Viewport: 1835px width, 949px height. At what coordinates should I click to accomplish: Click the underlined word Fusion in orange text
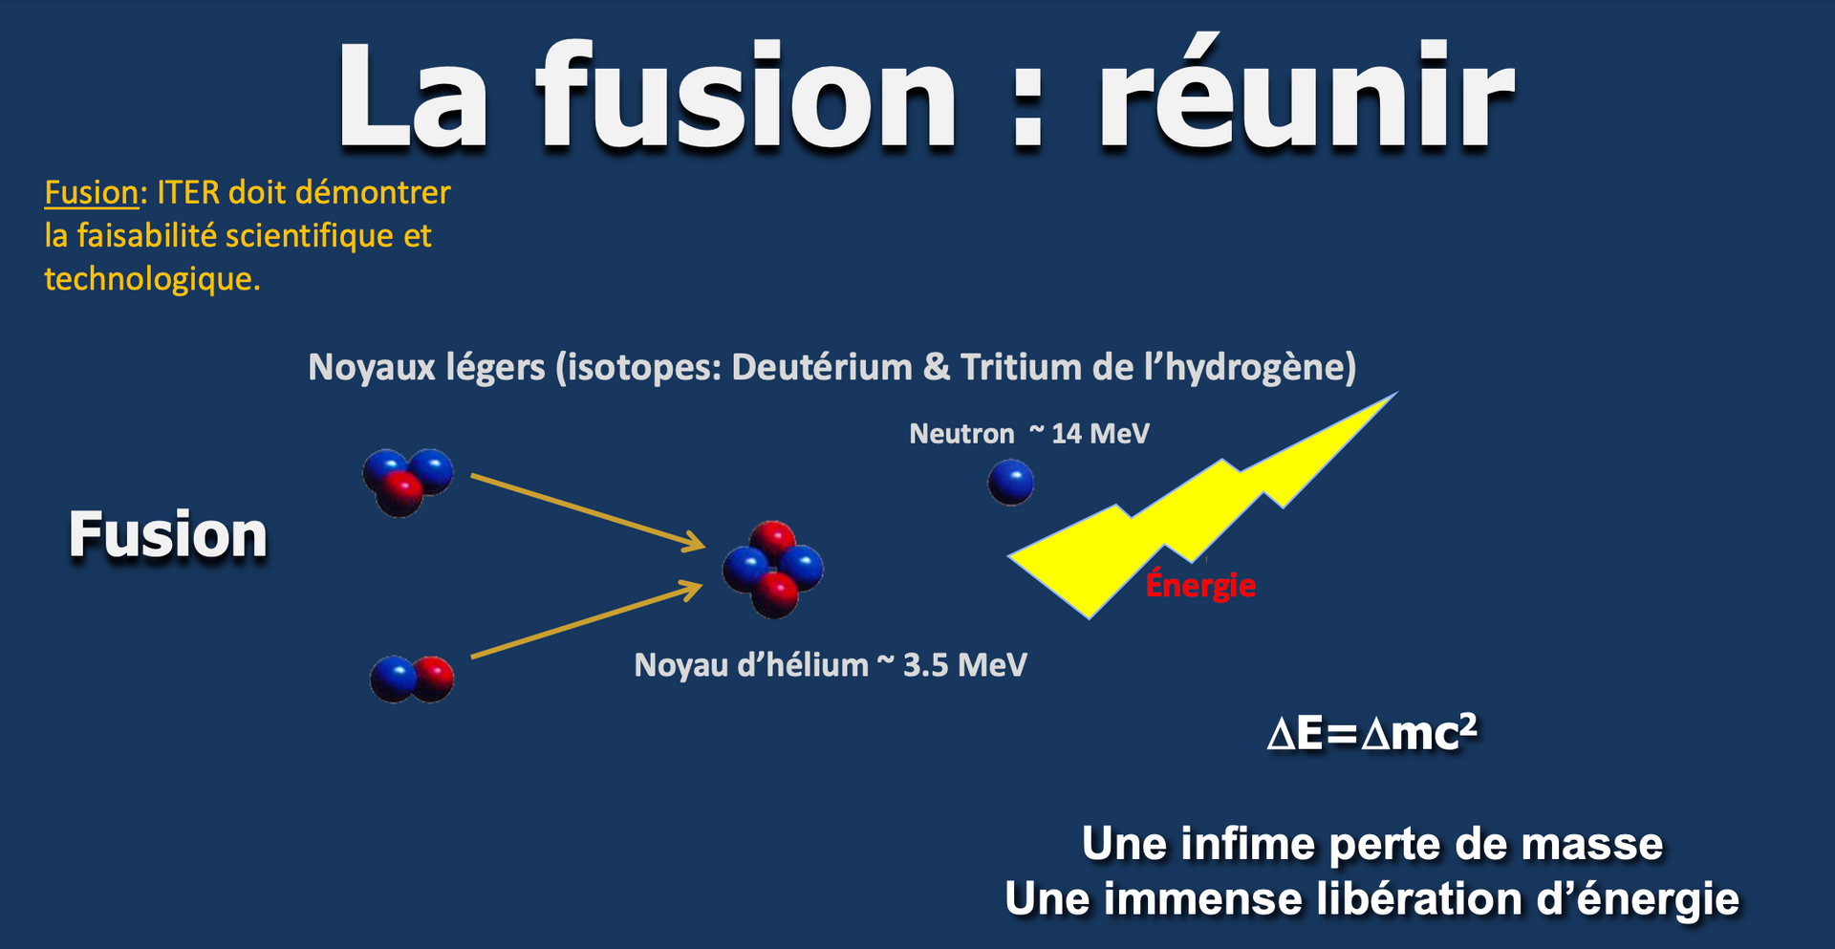[x=92, y=193]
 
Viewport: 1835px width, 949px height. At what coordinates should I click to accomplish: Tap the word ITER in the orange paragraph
[x=188, y=193]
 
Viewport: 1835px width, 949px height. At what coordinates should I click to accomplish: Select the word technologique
[x=152, y=279]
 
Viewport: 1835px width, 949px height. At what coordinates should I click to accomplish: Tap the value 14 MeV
[x=1100, y=434]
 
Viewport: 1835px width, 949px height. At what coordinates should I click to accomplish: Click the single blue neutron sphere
[x=1010, y=482]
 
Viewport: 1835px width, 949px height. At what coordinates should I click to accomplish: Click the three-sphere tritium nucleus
[x=407, y=482]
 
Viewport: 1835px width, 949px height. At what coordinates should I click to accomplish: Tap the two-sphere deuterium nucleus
[x=412, y=679]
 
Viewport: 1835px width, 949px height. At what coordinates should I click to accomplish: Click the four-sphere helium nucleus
[x=773, y=569]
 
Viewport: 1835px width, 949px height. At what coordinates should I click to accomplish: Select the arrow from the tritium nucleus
[x=589, y=512]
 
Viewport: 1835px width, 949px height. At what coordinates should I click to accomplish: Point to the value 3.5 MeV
[x=964, y=665]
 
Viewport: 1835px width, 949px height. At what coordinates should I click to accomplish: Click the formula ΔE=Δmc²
[x=1372, y=733]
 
